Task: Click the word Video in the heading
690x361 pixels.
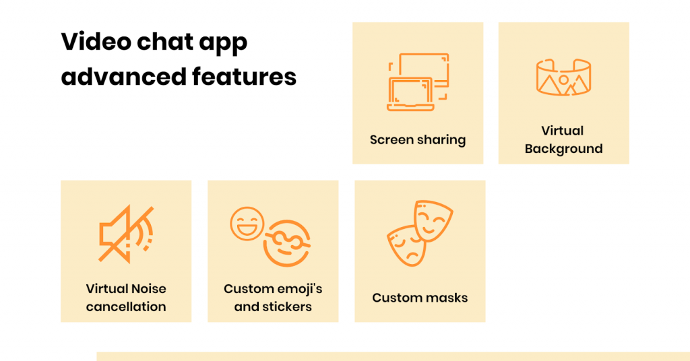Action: (x=96, y=42)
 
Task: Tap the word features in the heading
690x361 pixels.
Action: (x=244, y=77)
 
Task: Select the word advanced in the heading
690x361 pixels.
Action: (x=124, y=77)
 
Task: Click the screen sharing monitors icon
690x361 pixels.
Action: (x=418, y=82)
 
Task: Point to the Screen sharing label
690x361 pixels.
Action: (x=418, y=140)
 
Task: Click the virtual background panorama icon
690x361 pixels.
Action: (x=563, y=77)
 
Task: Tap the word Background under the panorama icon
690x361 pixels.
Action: (x=564, y=149)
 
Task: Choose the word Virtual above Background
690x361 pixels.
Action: (x=563, y=131)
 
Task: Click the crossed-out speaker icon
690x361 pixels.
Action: (x=126, y=234)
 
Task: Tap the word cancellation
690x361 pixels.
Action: (x=126, y=306)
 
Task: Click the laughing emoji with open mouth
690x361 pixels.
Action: (x=247, y=224)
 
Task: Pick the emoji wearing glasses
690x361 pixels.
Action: (x=287, y=243)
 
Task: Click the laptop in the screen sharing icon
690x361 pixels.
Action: (x=410, y=94)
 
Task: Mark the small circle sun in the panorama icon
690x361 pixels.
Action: (x=563, y=80)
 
